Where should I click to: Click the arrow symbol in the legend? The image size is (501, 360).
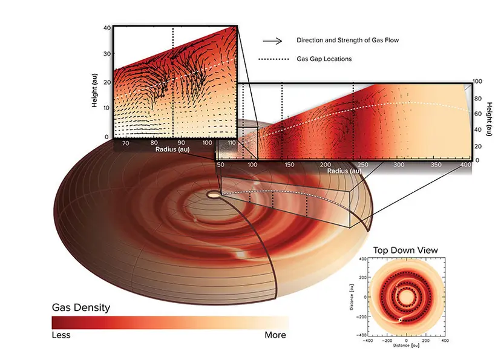272,41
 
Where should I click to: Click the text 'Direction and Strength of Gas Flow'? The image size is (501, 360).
348,41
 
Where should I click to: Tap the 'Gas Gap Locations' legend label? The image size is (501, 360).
324,59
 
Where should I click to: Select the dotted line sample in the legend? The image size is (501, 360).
273,59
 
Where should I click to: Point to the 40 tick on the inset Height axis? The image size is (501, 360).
107,28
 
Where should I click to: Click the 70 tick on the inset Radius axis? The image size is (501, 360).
126,143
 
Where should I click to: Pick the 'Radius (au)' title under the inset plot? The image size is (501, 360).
172,149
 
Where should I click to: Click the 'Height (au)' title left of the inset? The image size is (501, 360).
94,90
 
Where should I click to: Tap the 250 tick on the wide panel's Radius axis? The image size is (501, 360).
362,165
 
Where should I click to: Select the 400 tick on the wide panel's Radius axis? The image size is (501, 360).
466,165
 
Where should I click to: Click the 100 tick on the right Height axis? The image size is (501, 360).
477,82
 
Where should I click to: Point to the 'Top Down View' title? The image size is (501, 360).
405,250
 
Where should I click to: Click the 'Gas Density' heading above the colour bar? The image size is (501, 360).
81,307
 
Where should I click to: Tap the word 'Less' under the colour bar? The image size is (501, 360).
61,335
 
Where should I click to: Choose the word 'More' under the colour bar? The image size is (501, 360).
275,335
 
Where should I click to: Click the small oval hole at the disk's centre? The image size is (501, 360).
214,194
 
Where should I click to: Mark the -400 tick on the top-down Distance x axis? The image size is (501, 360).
368,341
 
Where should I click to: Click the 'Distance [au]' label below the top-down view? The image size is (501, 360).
406,345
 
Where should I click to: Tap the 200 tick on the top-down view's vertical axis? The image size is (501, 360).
362,278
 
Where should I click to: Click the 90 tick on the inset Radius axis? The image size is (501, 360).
181,143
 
